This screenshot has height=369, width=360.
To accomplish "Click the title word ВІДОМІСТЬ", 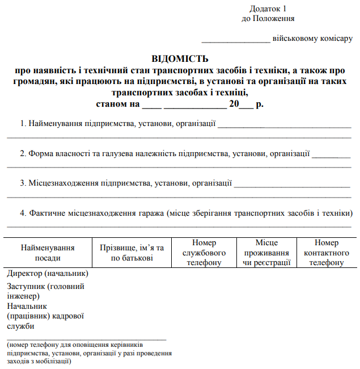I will [180, 58].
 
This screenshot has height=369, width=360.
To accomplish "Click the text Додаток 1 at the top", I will [268, 9].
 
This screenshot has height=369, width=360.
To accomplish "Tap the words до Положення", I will [268, 18].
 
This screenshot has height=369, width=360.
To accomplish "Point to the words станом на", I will [118, 104].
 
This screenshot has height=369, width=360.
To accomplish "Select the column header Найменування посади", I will [48, 253].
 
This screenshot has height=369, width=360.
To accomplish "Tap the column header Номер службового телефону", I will [204, 253].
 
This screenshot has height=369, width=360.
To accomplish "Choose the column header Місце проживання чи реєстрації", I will [266, 253].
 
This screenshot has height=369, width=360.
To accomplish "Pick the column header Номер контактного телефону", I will [327, 253].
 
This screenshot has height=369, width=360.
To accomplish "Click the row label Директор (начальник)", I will [48, 274].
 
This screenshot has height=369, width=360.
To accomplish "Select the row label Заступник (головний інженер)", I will [45, 291].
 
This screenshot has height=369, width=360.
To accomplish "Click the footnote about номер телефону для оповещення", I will [89, 353].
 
